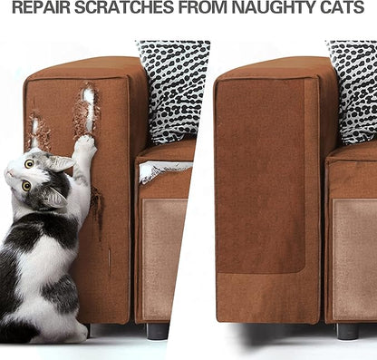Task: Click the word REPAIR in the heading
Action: (x=42, y=7)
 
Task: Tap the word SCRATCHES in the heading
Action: (x=124, y=7)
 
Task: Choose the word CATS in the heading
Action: (x=343, y=7)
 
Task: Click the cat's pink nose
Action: (x=9, y=173)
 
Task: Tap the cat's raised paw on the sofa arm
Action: (x=85, y=144)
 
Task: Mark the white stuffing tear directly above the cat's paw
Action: (x=89, y=110)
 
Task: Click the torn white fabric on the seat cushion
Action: (x=163, y=170)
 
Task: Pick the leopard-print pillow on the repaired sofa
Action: (x=353, y=91)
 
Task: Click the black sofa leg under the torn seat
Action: (x=158, y=330)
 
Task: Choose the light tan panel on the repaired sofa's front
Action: (x=355, y=259)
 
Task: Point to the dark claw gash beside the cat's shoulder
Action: (x=97, y=209)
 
